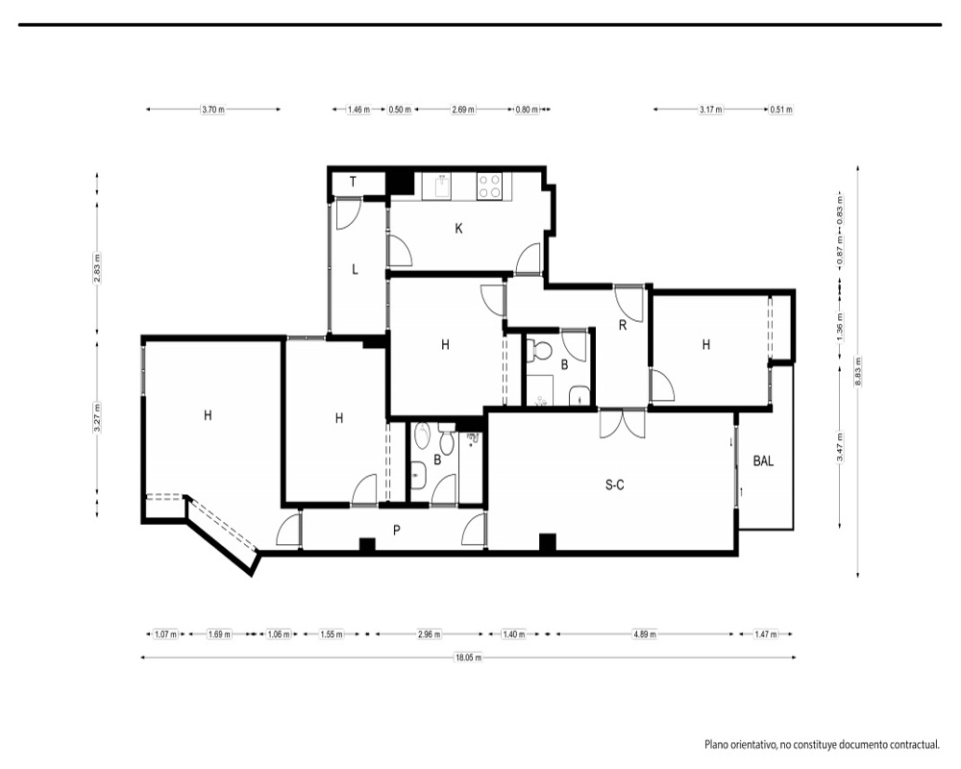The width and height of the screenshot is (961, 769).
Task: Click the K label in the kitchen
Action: coord(458,229)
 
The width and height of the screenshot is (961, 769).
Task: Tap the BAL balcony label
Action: coord(763,461)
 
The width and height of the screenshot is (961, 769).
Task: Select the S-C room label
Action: coord(615,485)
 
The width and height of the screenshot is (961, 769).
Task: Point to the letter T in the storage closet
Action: coord(353,182)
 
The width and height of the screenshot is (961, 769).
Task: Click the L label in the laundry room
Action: coord(355,269)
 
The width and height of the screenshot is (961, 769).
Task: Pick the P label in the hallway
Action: coord(397,531)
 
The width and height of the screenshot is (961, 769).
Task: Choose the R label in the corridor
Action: coord(623,326)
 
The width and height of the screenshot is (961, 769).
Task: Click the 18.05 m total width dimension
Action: coord(468,658)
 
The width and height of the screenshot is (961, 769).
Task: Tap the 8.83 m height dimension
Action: coord(858,372)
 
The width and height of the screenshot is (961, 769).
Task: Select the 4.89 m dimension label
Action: coord(644,634)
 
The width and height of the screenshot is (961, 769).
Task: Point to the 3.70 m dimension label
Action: coord(213,110)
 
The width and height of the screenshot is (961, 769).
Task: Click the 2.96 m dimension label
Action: coord(429,634)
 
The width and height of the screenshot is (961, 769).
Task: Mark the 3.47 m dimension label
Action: coord(840,448)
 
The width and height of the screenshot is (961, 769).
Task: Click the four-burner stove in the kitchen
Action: coord(490,186)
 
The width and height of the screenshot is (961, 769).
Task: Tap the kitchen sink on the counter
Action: coord(441,186)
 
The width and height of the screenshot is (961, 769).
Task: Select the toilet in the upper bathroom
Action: coord(540,350)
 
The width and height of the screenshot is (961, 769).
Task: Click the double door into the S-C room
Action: coord(623,424)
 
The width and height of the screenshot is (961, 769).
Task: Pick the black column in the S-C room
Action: coord(548,543)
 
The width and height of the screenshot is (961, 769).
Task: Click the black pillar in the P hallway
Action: coord(367,545)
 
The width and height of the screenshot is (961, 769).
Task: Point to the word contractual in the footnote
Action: coord(912,745)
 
